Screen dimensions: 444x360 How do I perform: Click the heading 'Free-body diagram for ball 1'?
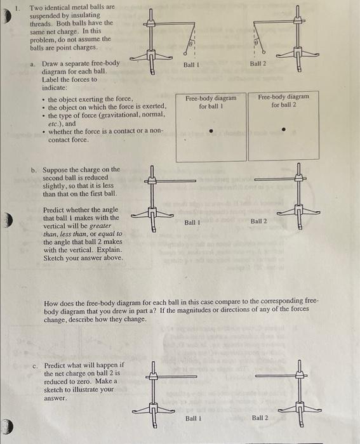[x=210, y=102]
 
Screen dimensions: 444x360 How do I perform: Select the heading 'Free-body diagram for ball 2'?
[x=284, y=100]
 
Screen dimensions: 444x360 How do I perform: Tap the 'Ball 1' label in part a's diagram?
[x=192, y=65]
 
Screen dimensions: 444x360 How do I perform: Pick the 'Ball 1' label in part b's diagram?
[x=192, y=222]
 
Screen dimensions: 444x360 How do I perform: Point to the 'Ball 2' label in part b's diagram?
[x=259, y=221]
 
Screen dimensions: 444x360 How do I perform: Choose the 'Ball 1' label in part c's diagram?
[x=194, y=418]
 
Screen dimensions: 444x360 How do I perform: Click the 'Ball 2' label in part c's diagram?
[x=260, y=418]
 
